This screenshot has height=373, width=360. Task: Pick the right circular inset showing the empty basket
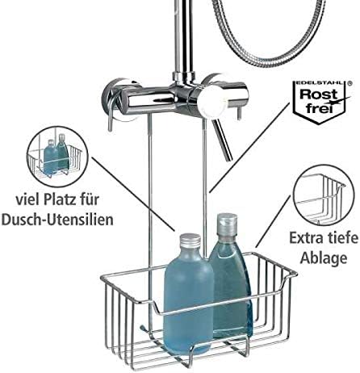click(x=318, y=199)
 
